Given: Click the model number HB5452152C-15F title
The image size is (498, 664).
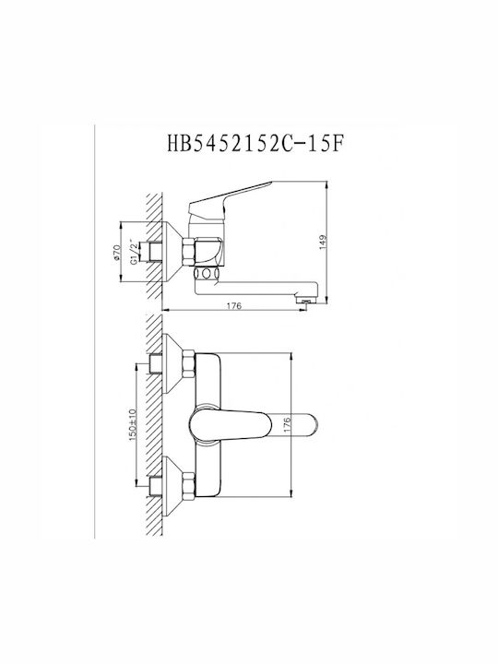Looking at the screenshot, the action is tap(255, 144).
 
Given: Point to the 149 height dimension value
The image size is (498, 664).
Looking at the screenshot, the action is tap(324, 243).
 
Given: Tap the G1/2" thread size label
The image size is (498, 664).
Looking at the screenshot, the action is tap(134, 253).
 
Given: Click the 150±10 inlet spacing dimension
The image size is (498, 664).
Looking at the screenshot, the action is tap(132, 424).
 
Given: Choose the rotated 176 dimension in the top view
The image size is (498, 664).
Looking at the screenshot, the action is tap(287, 425).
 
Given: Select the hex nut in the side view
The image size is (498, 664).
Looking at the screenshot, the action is tap(188, 252).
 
